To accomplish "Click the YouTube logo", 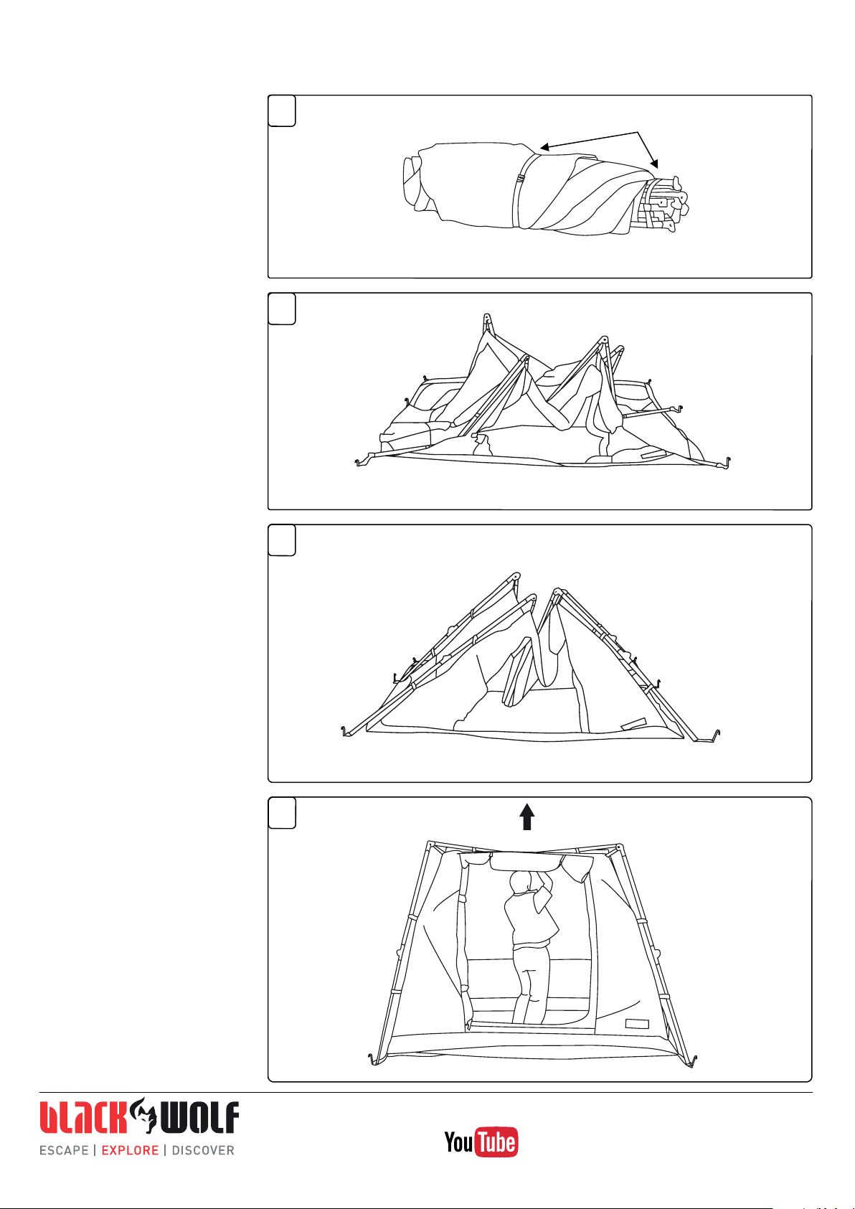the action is coord(481,1142).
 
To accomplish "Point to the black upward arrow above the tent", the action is coord(527,816).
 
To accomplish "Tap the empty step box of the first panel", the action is coord(282,110).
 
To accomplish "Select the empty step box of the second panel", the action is coord(282,309).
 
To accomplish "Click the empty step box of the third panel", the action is coord(282,540).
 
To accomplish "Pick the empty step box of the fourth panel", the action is coord(282,812).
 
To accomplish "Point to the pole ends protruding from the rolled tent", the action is coord(665,204).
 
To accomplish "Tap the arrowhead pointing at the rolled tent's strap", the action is coord(545,146).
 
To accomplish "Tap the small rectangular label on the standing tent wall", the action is coord(637,1024).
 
